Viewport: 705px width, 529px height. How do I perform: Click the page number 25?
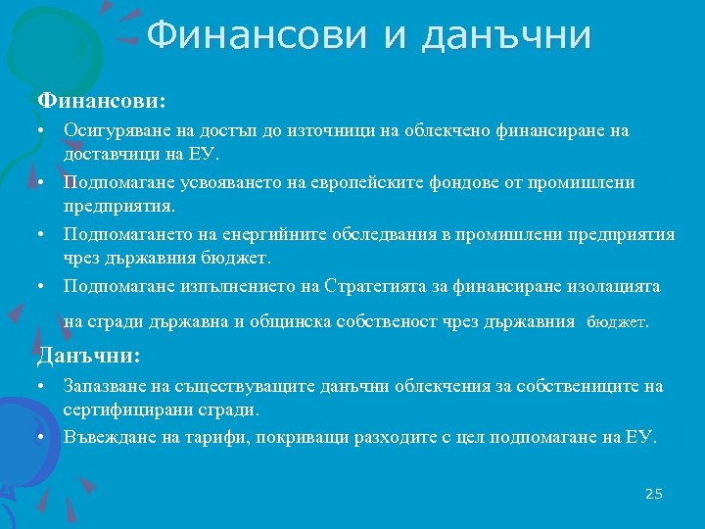(654, 494)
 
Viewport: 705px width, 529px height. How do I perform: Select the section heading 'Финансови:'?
(102, 100)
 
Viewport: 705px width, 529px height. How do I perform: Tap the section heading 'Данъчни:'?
(89, 355)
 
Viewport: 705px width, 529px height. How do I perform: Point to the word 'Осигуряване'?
(112, 130)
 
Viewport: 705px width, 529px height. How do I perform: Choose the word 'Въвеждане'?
(105, 436)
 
